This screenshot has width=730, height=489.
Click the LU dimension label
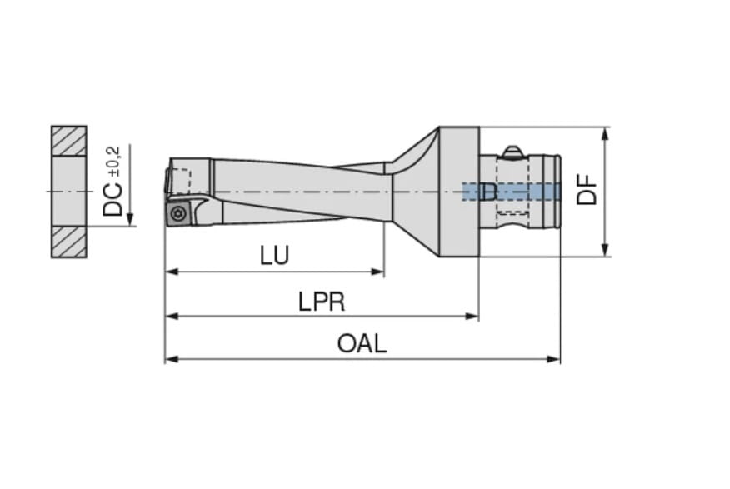click(275, 255)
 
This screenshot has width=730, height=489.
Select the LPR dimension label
click(322, 302)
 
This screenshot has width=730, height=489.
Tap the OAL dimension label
click(362, 344)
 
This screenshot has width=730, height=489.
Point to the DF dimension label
click(586, 189)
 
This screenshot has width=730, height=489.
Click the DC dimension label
click(112, 199)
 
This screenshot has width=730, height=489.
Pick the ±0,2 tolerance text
click(114, 161)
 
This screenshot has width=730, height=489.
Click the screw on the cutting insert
click(178, 213)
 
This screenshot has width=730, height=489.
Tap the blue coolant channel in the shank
click(511, 192)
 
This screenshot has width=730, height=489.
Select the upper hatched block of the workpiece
click(69, 141)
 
